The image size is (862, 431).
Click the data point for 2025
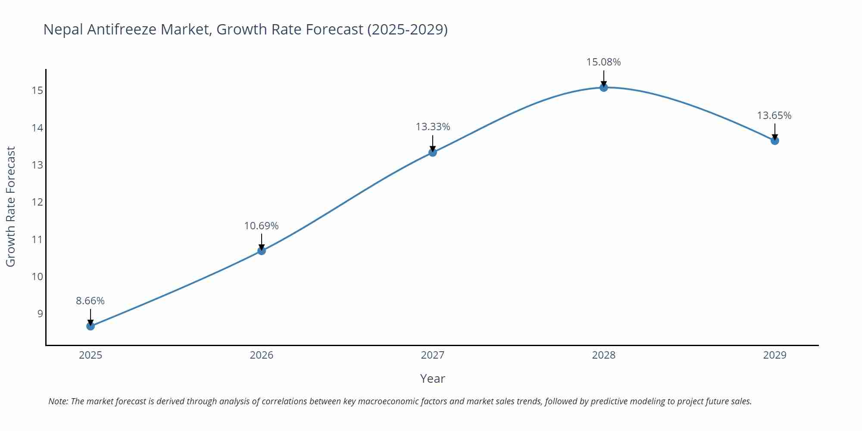tap(91, 326)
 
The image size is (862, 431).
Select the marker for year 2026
tap(262, 251)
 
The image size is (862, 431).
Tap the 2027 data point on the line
tap(433, 152)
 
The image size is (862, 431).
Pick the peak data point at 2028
tap(604, 87)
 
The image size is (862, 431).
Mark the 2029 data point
tap(775, 141)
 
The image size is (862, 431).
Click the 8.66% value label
tap(91, 301)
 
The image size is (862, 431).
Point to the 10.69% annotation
tap(262, 226)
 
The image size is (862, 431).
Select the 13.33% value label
tap(433, 127)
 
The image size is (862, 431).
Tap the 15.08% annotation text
tap(603, 62)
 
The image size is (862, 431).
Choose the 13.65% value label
tap(774, 116)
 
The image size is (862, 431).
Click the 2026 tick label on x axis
tap(262, 355)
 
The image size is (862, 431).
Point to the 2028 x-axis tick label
tap(604, 355)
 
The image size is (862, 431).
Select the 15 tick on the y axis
tap(37, 91)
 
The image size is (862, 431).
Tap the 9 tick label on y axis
tap(40, 314)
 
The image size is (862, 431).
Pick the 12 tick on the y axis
tap(37, 202)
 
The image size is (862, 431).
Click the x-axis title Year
tap(432, 378)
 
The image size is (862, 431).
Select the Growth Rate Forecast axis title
tap(11, 206)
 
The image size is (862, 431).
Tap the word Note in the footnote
tap(58, 401)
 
